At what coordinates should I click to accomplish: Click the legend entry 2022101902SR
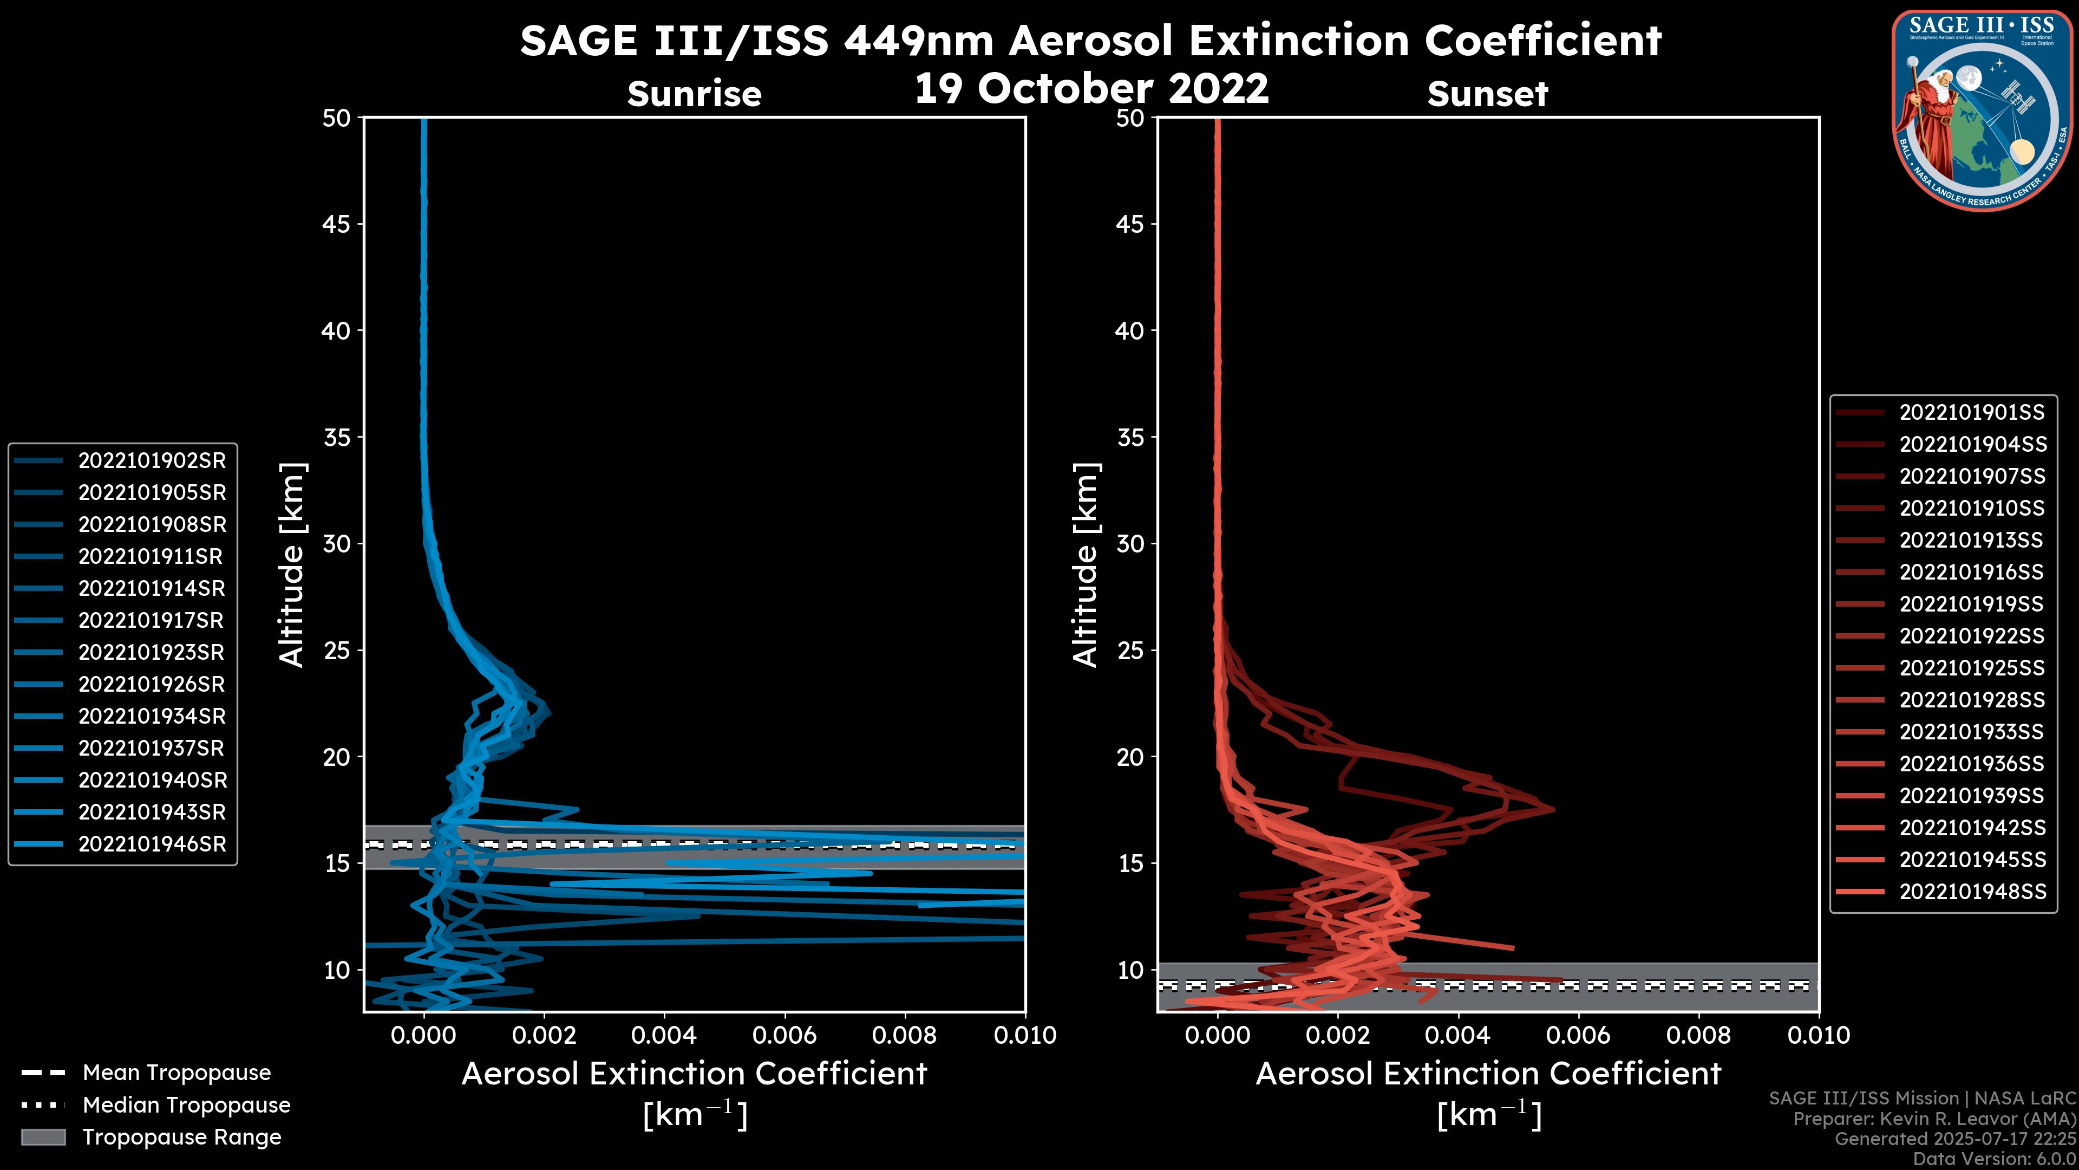click(152, 461)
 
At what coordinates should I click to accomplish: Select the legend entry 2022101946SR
click(152, 844)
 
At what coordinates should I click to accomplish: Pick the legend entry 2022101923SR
click(152, 652)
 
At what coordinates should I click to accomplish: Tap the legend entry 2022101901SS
click(1972, 413)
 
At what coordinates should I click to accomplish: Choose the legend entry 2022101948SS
click(1972, 892)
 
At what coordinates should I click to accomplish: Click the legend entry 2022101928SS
click(1972, 700)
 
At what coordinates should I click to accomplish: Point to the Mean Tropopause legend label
click(176, 1073)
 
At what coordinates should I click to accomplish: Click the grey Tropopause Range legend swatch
click(43, 1137)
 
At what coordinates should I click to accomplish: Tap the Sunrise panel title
click(694, 94)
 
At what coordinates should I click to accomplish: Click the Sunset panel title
click(1487, 94)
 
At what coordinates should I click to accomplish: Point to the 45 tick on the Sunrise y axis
click(337, 224)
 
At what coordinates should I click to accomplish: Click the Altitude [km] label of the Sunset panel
click(1086, 565)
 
